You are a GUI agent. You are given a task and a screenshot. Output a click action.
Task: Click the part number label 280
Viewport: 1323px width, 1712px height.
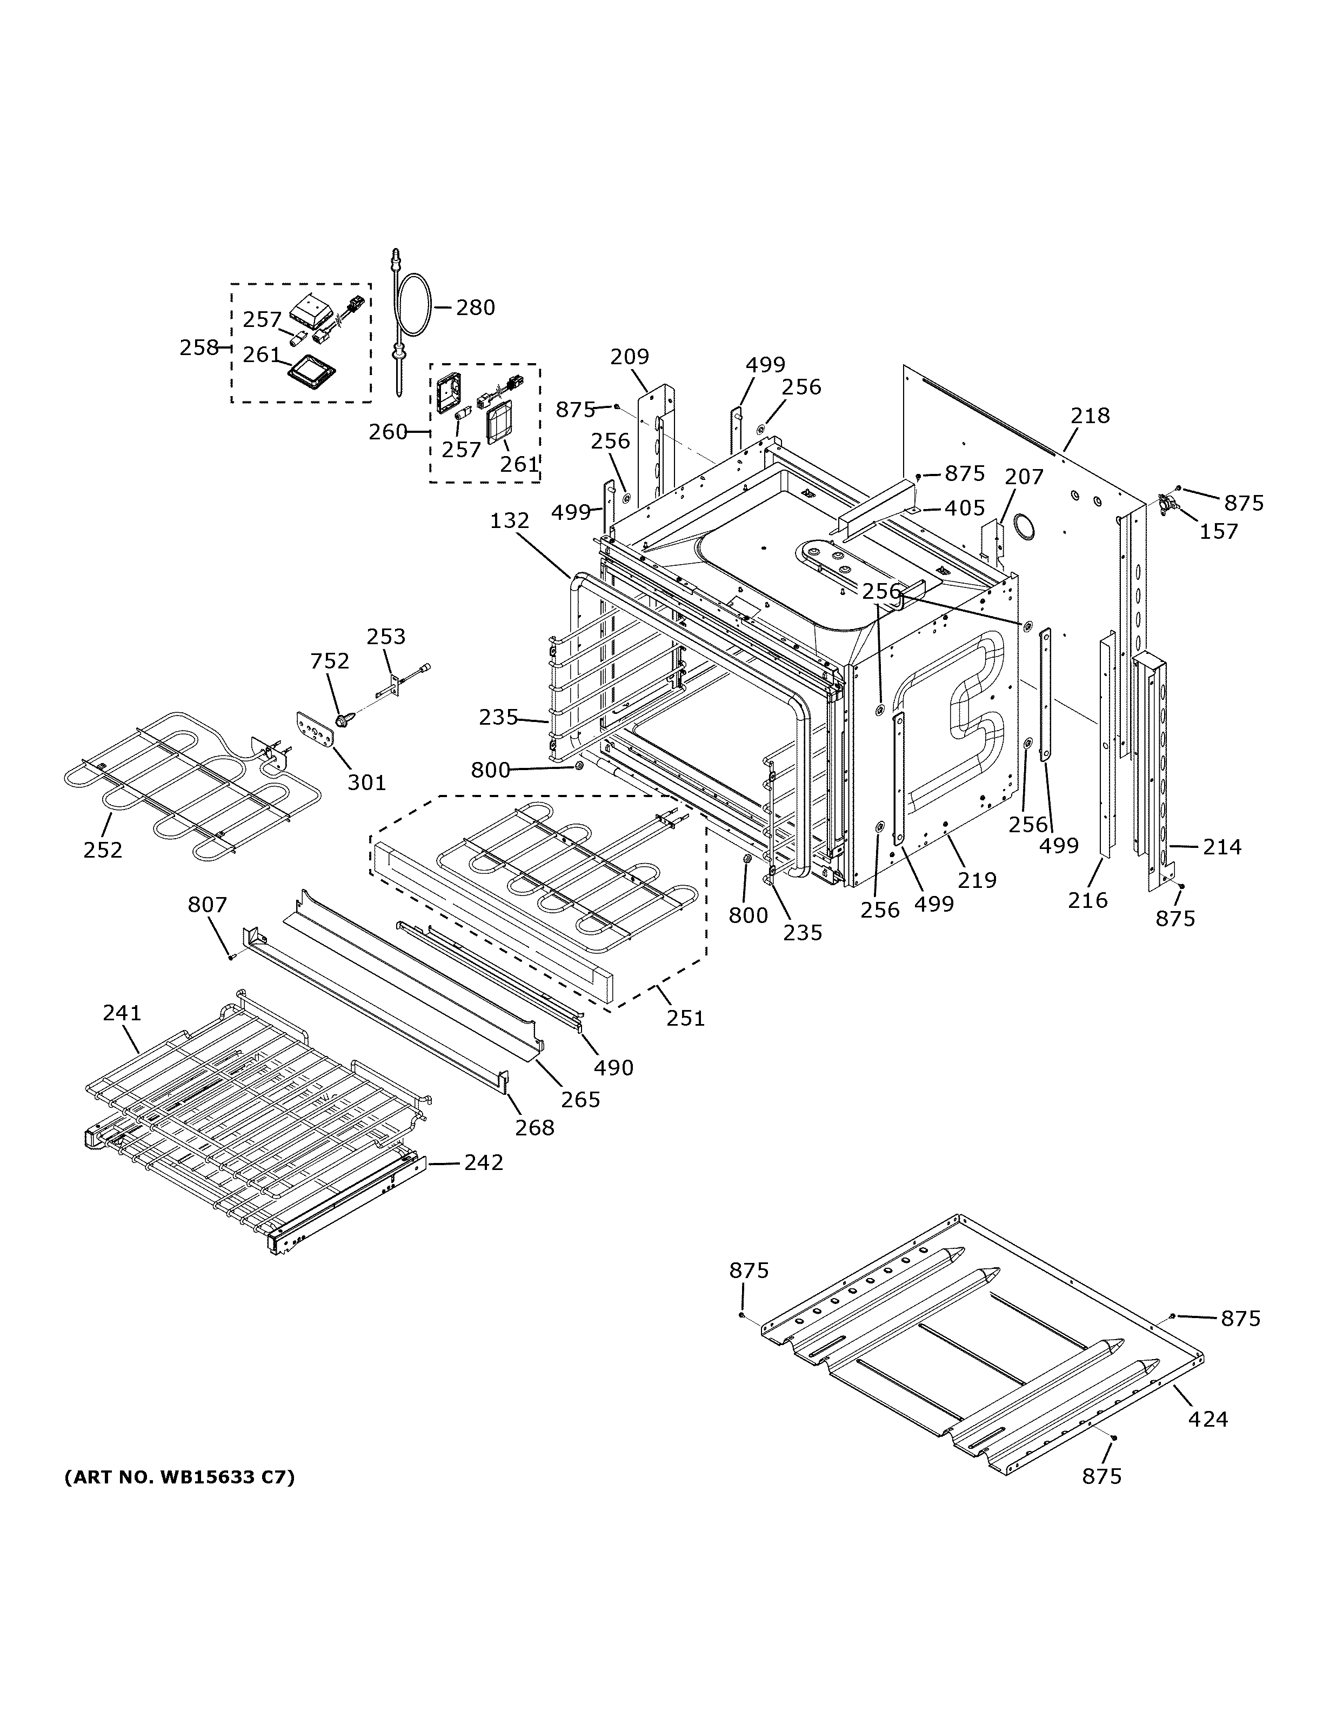(x=475, y=307)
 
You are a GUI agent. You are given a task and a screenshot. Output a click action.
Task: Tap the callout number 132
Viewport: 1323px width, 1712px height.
(x=510, y=520)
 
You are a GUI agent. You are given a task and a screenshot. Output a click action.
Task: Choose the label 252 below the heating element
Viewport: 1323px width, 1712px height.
(x=103, y=850)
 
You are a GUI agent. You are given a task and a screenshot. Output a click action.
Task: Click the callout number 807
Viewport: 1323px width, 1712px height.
(x=207, y=905)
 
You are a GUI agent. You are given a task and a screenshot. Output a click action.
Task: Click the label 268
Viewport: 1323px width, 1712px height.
(x=534, y=1127)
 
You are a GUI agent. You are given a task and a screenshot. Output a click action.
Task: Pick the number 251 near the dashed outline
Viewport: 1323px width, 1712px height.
(x=685, y=1018)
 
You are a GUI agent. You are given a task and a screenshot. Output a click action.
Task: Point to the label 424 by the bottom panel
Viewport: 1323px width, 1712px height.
(x=1208, y=1419)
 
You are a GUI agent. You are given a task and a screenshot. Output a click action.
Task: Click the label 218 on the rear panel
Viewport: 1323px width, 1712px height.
(x=1090, y=416)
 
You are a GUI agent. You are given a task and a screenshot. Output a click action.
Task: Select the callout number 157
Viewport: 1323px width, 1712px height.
(x=1219, y=531)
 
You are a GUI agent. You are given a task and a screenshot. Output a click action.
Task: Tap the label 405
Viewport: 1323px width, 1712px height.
(x=964, y=508)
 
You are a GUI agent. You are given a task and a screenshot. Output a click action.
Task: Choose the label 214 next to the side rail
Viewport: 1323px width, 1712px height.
(x=1222, y=847)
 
